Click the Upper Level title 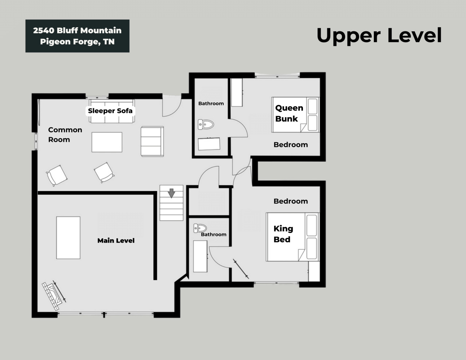pos(379,36)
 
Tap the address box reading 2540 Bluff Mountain pos(78,36)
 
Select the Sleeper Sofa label pos(110,111)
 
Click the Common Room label pos(65,135)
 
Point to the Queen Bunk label pos(289,113)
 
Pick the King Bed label pos(283,234)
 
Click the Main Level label pos(116,241)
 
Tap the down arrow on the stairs pos(171,193)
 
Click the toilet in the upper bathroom pos(206,124)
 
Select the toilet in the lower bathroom pos(200,228)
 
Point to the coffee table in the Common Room pos(107,142)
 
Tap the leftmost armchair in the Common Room pos(57,175)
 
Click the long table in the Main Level pos(68,238)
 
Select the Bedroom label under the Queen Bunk pos(291,145)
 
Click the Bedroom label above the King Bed pos(291,201)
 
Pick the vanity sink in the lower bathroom pos(200,256)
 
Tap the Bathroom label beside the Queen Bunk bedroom pos(211,104)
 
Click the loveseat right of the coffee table pos(152,141)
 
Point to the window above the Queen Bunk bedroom pos(277,75)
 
